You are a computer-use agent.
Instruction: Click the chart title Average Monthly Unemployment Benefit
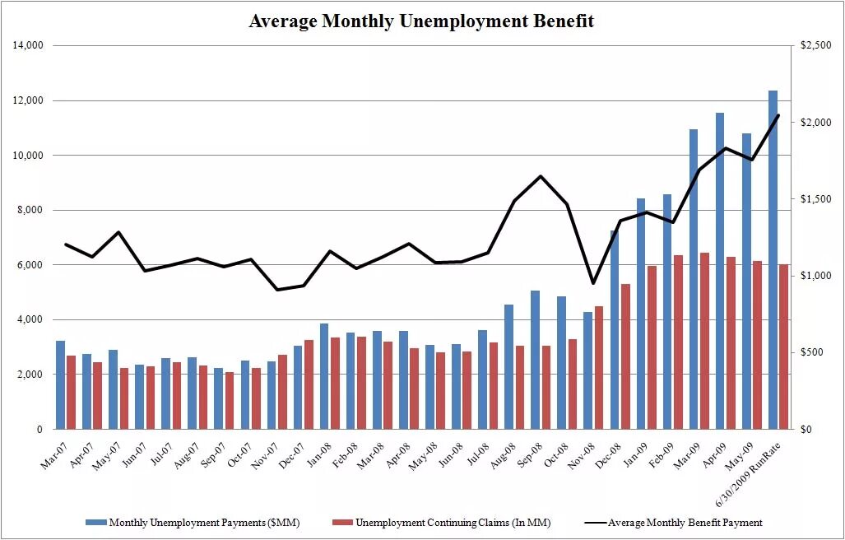[421, 21]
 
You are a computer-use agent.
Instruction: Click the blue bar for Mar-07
[60, 384]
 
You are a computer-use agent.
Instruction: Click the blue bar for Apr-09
[720, 271]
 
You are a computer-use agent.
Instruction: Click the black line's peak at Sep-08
[541, 176]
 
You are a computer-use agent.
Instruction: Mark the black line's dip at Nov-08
[592, 283]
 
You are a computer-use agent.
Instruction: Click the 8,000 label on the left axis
[30, 210]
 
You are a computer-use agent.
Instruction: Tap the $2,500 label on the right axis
[815, 46]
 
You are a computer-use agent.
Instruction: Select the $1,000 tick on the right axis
[815, 276]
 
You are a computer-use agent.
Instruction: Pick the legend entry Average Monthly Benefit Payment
[683, 522]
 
